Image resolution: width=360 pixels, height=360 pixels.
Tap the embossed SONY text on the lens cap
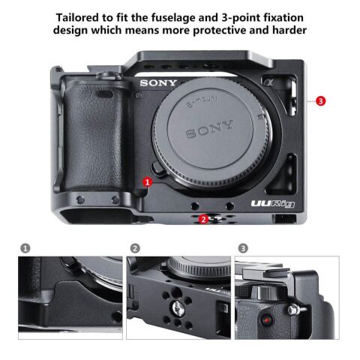(204, 133)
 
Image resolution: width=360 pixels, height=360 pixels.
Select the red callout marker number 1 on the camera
(148, 181)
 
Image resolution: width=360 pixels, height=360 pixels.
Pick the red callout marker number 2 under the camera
(203, 219)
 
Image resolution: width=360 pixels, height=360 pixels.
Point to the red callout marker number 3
(320, 100)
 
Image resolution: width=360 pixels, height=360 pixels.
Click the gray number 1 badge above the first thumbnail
(25, 247)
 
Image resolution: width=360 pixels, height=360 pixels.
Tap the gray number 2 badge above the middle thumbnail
(135, 247)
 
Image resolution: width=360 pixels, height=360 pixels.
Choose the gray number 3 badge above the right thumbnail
(243, 247)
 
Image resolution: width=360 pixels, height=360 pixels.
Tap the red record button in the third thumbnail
(266, 321)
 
